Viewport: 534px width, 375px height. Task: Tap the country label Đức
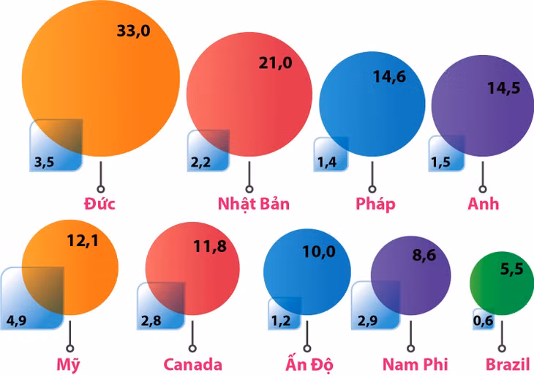coord(100,203)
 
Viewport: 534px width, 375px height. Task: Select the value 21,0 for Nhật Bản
coord(275,64)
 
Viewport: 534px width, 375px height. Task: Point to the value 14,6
coord(388,78)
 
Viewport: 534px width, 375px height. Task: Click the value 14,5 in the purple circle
coord(504,88)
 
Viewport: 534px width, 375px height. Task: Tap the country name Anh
coord(483,203)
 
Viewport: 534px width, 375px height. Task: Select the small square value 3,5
coord(44,163)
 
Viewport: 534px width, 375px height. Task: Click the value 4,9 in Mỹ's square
coord(16,320)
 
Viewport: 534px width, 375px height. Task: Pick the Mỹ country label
coord(69,364)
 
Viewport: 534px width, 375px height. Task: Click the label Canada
coord(192,364)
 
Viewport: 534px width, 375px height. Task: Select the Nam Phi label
coord(415,364)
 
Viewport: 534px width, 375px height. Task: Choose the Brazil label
coord(507,364)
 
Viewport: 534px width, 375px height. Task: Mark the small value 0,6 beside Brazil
coord(483,320)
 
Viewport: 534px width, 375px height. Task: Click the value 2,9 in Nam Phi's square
coord(368,320)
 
